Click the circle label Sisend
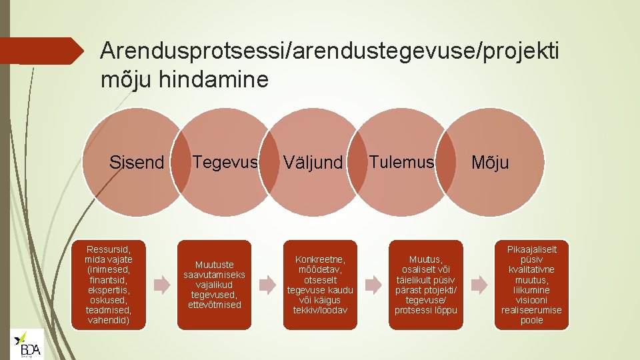136,162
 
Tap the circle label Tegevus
225,161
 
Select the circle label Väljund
313,162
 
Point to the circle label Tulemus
401,161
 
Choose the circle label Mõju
490,162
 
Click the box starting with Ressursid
109,285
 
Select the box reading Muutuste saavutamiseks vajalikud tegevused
214,285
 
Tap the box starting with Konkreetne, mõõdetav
320,285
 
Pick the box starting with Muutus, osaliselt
425,285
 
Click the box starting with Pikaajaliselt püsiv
531,285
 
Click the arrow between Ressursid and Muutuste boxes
162,285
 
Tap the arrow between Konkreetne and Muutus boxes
373,285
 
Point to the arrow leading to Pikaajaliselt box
478,285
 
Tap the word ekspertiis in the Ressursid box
109,290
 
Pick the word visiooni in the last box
531,300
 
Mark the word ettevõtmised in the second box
214,305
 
